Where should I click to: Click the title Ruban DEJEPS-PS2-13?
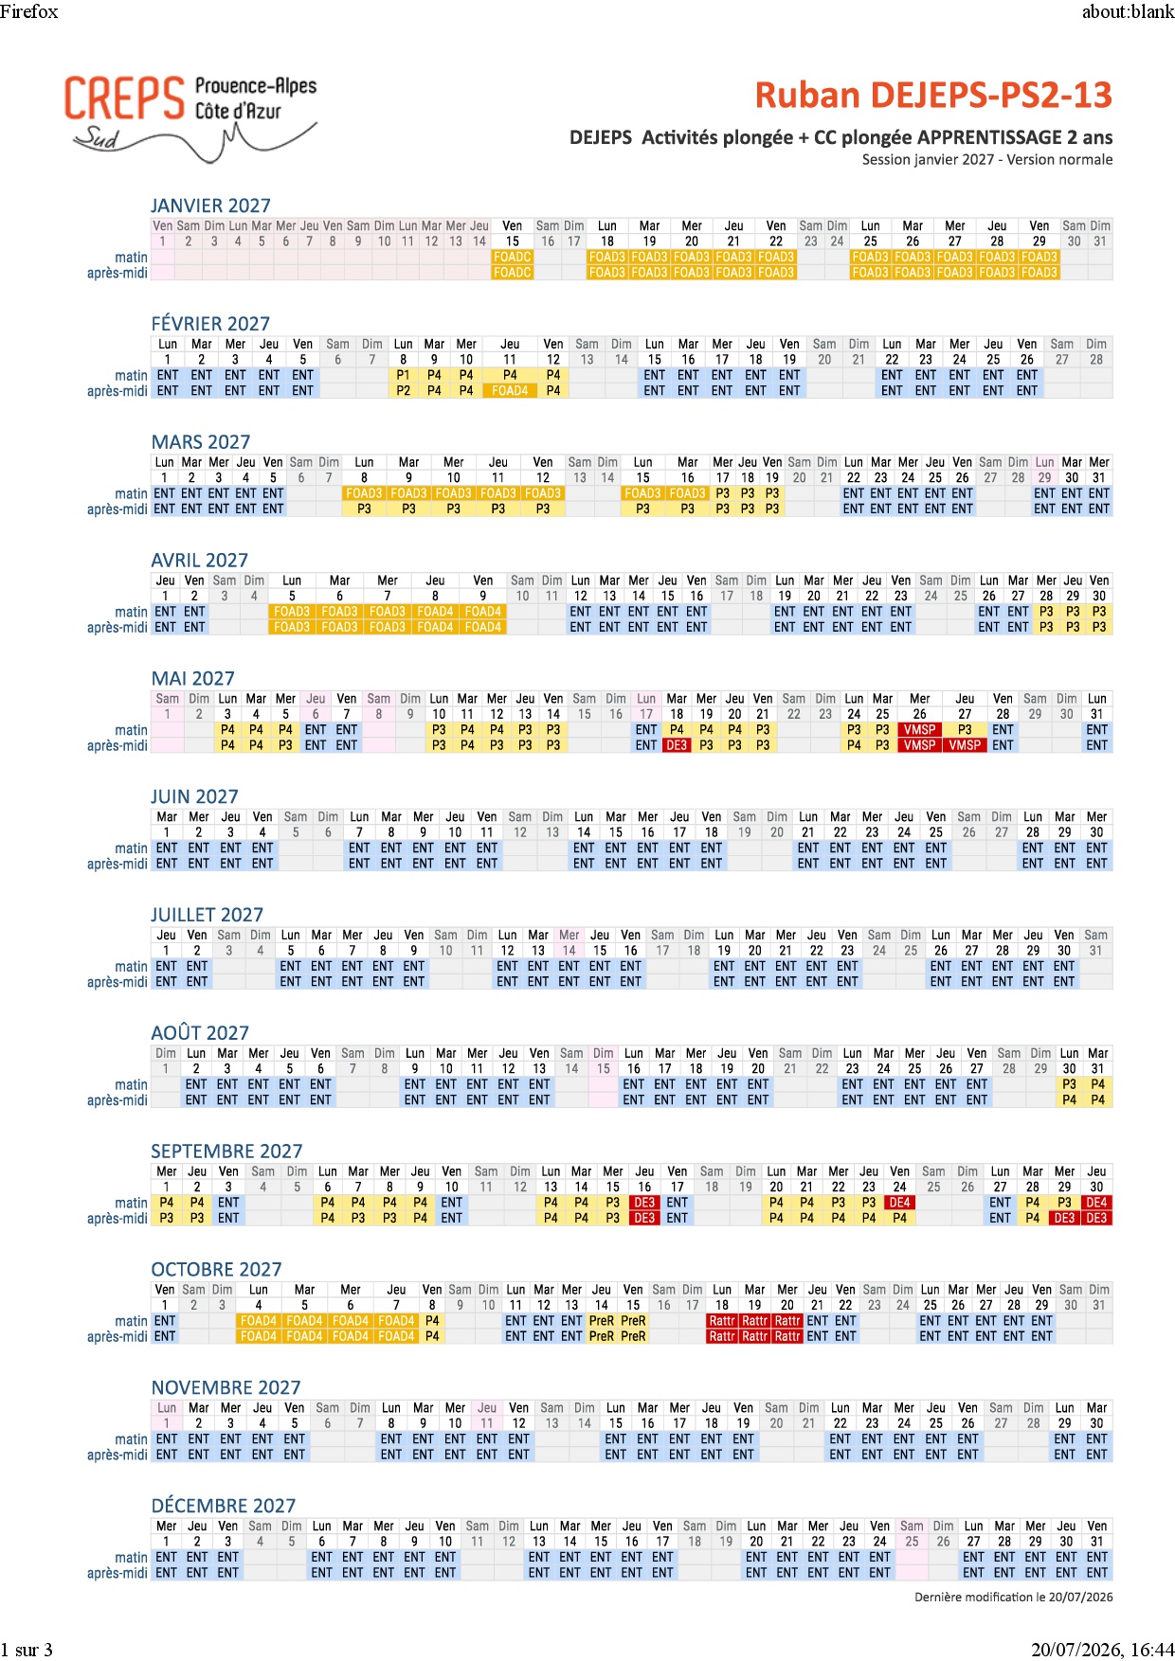[x=933, y=96]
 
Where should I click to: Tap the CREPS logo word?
[x=124, y=98]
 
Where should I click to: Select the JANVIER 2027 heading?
[x=210, y=205]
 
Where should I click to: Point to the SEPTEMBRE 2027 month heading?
[x=226, y=1151]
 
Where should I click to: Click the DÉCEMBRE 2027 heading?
[x=224, y=1506]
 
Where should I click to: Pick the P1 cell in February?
[x=403, y=375]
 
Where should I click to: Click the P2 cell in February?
[x=403, y=390]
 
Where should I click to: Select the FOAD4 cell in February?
[x=510, y=390]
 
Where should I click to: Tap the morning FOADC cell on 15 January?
[x=513, y=257]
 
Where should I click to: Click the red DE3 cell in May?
[x=677, y=745]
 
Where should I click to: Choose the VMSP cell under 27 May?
[x=965, y=745]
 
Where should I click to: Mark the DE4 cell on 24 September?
[x=899, y=1203]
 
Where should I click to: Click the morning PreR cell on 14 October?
[x=602, y=1321]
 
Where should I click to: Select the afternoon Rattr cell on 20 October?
[x=787, y=1336]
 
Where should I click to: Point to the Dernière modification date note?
[x=1013, y=1597]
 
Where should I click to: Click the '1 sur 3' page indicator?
[x=27, y=1650]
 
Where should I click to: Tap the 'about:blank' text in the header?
[x=1128, y=11]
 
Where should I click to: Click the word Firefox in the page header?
[x=29, y=11]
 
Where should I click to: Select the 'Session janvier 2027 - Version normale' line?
[x=987, y=159]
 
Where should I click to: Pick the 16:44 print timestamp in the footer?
[x=1153, y=1650]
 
